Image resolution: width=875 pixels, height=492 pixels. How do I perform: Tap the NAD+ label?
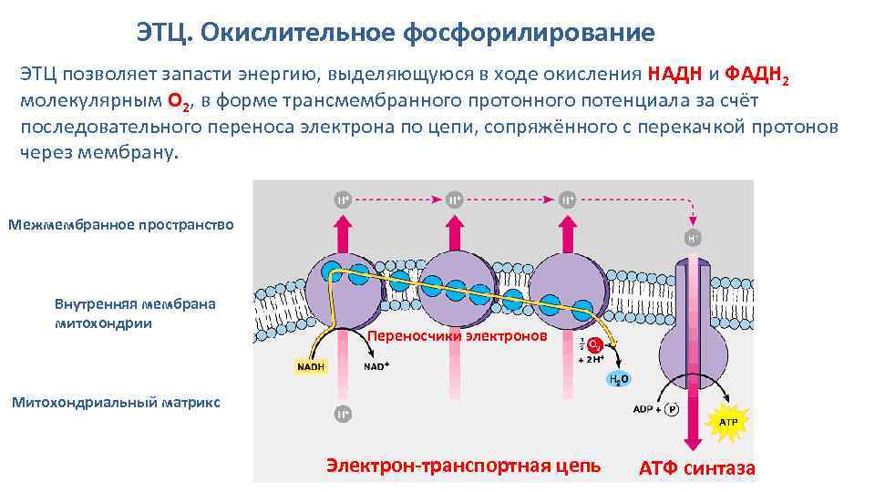[x=377, y=366]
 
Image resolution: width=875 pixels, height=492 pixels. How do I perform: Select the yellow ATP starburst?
[x=729, y=423]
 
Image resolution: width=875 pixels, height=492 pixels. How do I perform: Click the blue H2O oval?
[x=620, y=379]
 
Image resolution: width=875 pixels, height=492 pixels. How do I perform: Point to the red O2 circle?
[x=593, y=346]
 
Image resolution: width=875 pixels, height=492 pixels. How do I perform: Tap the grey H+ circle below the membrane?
[x=342, y=415]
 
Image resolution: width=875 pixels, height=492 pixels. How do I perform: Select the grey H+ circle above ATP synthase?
[x=694, y=239]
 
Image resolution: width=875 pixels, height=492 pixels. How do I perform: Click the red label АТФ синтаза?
[x=697, y=468]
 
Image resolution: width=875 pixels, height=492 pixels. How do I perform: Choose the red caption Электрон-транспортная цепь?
[x=463, y=466]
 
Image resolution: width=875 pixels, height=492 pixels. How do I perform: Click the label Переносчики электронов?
[x=458, y=337]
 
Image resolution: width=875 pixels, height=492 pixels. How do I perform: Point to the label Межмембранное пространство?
[x=120, y=224]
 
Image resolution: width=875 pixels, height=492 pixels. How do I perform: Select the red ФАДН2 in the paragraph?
[x=757, y=76]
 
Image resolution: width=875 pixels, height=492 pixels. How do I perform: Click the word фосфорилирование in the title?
[x=529, y=34]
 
